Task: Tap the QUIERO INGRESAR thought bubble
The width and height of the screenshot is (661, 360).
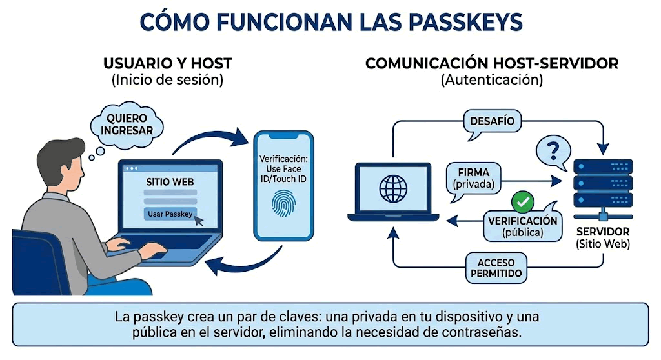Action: (127, 123)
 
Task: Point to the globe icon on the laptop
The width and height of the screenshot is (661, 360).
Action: (393, 188)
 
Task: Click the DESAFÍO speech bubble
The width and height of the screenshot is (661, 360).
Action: (493, 121)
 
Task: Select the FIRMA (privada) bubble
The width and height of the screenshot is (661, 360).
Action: (473, 178)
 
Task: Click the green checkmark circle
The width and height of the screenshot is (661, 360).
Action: (522, 203)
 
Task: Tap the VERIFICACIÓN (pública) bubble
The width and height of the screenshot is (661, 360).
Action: (522, 226)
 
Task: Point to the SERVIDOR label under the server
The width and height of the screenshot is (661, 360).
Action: (603, 232)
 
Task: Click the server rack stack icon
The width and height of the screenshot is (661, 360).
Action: (603, 183)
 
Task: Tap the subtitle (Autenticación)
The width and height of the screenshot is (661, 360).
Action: (492, 81)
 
